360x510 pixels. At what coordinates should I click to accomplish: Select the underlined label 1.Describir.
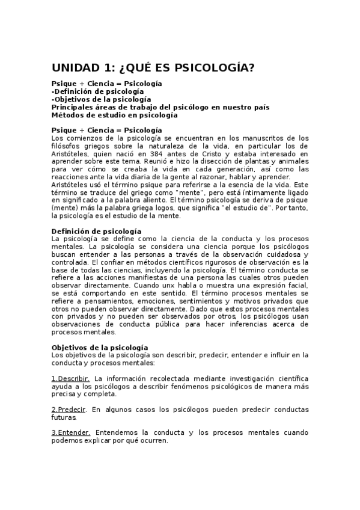click(70, 378)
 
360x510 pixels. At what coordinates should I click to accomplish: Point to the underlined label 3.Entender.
click(70, 432)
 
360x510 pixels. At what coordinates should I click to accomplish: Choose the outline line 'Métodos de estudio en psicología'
click(114, 114)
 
